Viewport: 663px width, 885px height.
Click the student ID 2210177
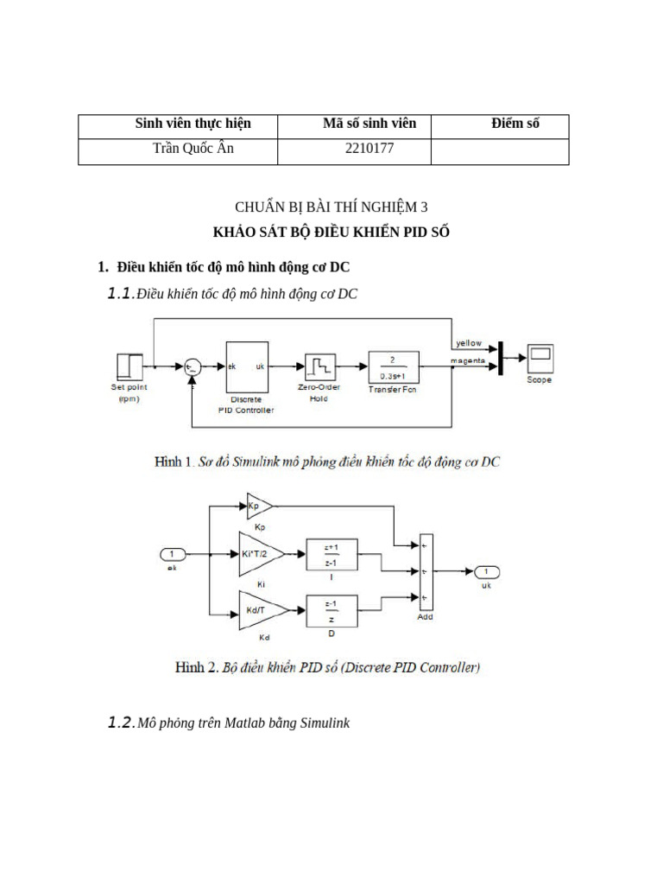pos(369,149)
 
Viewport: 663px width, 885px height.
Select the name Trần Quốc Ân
pos(193,149)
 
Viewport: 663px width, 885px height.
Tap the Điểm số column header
pos(515,124)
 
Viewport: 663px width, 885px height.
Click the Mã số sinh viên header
pos(369,124)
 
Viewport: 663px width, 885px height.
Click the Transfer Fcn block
pos(393,366)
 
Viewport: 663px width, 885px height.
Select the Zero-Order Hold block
pos(319,366)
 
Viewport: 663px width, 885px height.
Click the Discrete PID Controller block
pos(246,367)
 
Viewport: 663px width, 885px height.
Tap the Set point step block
pos(129,366)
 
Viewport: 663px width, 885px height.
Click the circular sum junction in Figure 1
pos(193,367)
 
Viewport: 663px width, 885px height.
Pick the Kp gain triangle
pos(257,506)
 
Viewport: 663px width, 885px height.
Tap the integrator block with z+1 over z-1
pos(331,552)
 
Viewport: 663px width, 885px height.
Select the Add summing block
pos(426,571)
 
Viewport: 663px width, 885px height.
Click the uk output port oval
pos(485,571)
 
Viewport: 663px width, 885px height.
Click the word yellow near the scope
pos(469,343)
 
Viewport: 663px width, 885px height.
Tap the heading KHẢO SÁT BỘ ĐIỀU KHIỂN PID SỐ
pos(331,232)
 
